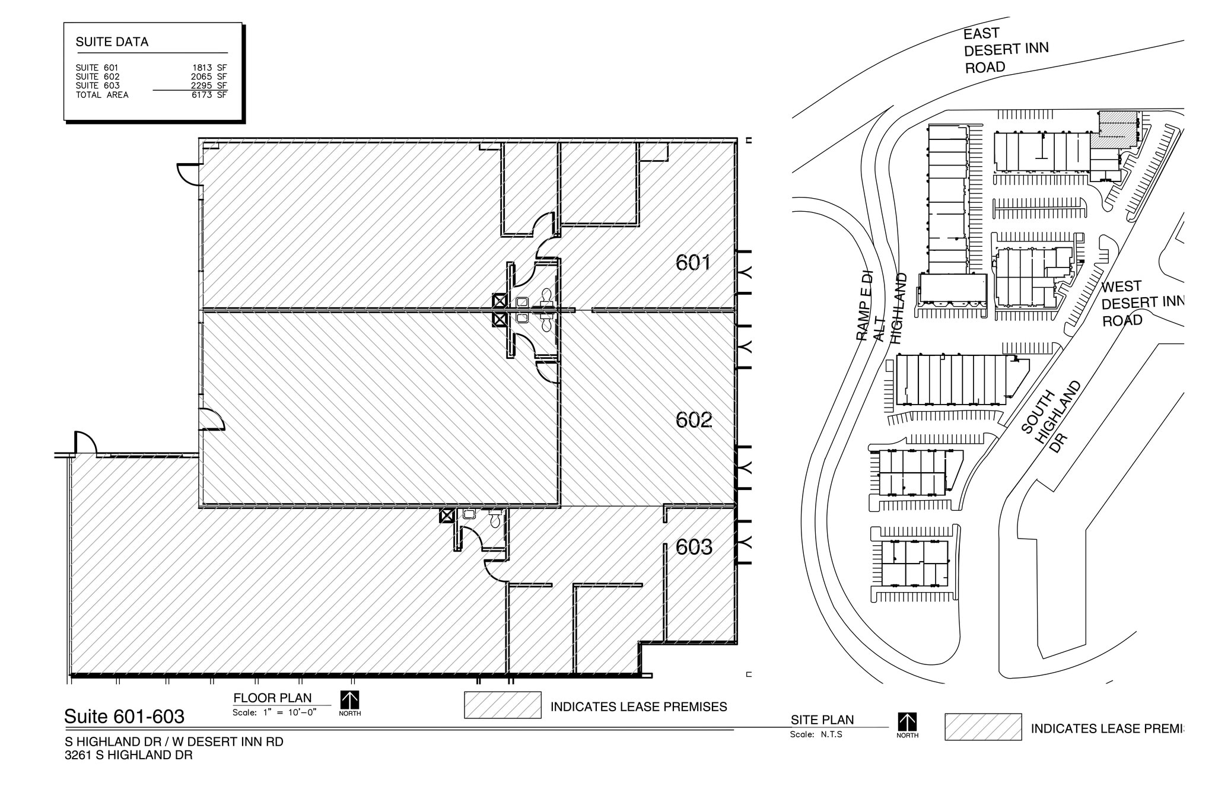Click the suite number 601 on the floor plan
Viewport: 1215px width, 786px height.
coord(693,262)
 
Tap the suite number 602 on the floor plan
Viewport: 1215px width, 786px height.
coord(694,420)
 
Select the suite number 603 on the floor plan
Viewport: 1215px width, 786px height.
coord(694,547)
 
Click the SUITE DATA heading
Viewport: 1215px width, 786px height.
coord(112,42)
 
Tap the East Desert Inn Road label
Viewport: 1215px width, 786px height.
coord(1005,50)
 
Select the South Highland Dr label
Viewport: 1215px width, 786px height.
coord(1051,416)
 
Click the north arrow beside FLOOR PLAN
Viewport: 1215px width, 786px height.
coord(349,702)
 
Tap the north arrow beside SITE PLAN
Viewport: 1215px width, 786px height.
coord(907,724)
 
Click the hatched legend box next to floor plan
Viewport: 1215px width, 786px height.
coord(502,705)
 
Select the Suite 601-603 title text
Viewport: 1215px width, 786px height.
coord(124,717)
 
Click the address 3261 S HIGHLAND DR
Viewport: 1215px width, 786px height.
coord(128,755)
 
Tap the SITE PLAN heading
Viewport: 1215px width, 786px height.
coord(822,720)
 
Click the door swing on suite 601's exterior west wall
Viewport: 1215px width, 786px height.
coord(188,173)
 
